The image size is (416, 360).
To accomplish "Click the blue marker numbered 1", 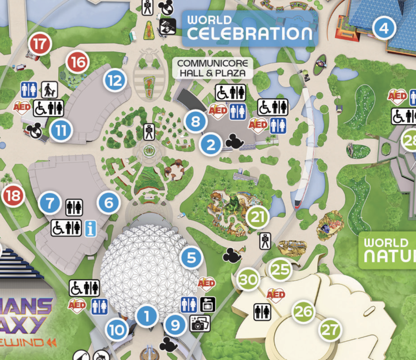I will coord(147,316).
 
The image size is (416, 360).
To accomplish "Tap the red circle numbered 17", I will coord(40,45).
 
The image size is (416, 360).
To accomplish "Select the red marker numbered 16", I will coord(78,63).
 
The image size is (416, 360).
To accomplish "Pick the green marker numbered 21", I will coord(257,218).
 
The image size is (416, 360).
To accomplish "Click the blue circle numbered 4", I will coord(384,28).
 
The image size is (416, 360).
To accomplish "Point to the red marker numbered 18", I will coord(12,196).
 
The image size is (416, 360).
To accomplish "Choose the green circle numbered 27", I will coord(330,330).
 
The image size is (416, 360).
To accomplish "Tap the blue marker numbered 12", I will coord(115,80).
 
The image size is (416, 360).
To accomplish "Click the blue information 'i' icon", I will coord(90,229).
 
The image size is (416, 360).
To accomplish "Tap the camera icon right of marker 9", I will coord(200,324).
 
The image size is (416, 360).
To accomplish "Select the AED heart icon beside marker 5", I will coord(206,283).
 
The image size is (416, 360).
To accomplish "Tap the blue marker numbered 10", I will coord(117,329).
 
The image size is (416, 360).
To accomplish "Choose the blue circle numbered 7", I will coord(50,204).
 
